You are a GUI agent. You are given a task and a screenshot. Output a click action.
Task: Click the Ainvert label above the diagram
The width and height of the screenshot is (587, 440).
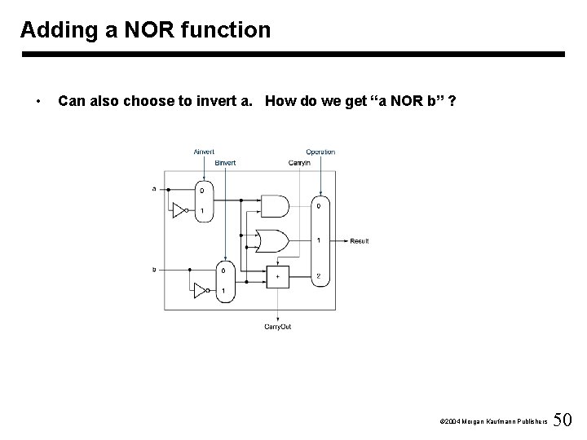[x=204, y=152]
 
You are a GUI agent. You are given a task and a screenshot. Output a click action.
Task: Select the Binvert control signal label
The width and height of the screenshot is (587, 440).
[x=225, y=163]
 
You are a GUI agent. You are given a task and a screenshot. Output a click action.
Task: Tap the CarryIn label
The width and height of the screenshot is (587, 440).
[x=298, y=163]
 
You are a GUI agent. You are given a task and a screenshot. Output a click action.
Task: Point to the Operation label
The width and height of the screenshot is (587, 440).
[x=320, y=152]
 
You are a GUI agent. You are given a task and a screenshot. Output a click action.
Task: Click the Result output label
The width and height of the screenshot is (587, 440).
[x=360, y=241]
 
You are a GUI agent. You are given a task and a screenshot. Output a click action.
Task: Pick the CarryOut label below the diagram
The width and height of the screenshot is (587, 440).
[x=278, y=327]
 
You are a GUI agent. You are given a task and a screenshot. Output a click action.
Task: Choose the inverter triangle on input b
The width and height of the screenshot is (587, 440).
[x=200, y=290]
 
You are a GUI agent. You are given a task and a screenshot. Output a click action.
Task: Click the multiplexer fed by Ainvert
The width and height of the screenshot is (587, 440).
[x=205, y=200]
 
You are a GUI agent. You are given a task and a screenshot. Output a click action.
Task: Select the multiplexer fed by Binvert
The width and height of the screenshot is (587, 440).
[x=225, y=280]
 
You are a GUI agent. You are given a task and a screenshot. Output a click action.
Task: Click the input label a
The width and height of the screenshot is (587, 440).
[x=155, y=189]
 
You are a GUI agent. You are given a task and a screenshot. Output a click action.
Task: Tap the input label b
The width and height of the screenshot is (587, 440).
[x=155, y=270]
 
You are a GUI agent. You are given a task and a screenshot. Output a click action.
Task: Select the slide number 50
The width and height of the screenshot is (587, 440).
[x=562, y=420]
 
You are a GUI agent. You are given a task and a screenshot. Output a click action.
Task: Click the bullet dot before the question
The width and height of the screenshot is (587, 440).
[x=39, y=102]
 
